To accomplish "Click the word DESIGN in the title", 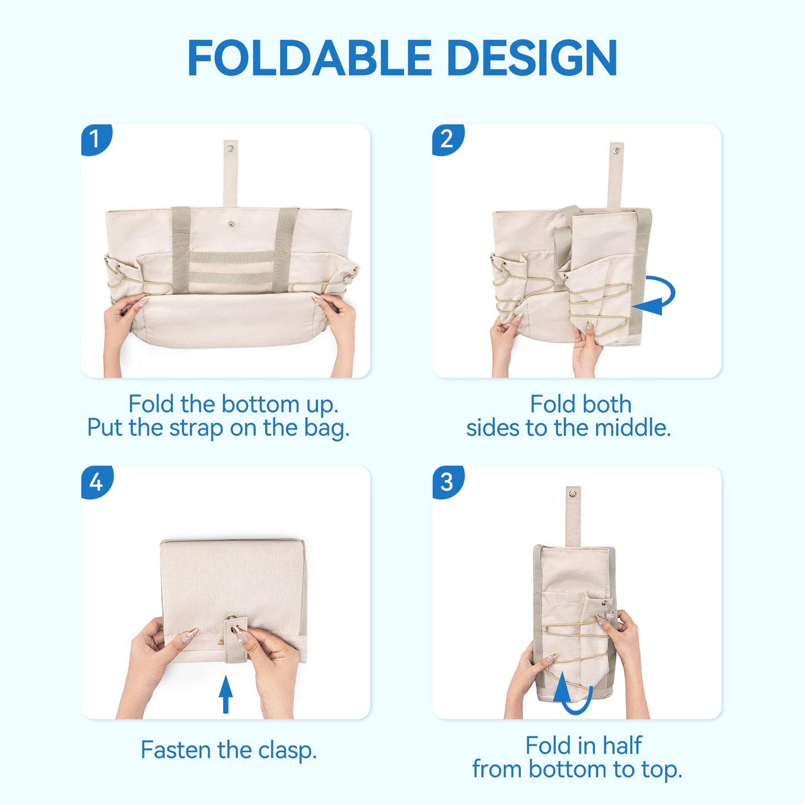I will (531, 58).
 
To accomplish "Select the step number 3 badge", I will (447, 482).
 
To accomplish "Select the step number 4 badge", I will (96, 482).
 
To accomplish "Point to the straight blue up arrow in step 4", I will (225, 694).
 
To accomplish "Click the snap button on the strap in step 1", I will (230, 148).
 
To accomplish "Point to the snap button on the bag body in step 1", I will (231, 225).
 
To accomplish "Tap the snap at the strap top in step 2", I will (616, 150).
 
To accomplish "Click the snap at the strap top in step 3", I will (573, 492).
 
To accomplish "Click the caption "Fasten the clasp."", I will (228, 750).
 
